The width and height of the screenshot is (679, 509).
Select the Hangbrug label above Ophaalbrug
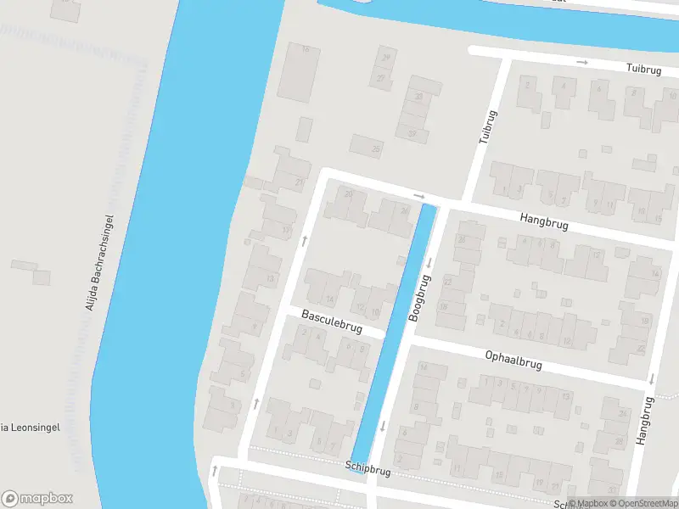[545, 222]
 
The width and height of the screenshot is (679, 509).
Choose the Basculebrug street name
[332, 322]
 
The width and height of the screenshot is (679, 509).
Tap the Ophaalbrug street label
[514, 360]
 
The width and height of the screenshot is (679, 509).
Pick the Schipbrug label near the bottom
[368, 467]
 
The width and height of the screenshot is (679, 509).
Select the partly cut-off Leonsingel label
[29, 428]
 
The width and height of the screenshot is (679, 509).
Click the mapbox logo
[37, 499]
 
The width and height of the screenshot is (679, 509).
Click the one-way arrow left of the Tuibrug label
[582, 62]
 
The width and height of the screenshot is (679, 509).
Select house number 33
[418, 97]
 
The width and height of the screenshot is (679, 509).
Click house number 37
[412, 132]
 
